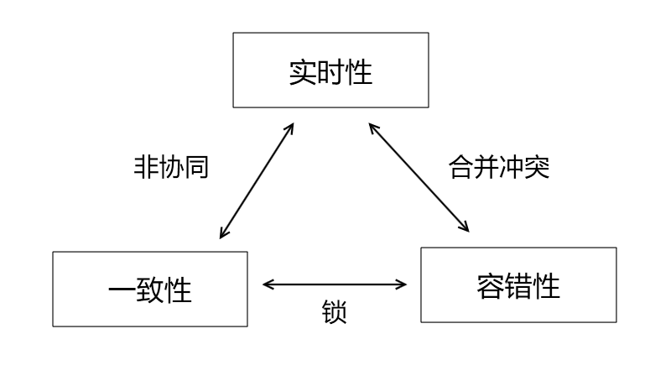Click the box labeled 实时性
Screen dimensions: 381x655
pos(330,70)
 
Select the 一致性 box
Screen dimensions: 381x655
pos(150,290)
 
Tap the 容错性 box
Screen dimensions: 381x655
pos(518,285)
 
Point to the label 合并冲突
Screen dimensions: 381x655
pos(499,168)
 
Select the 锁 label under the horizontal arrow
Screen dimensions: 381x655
pos(334,312)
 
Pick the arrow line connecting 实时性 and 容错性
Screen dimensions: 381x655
pos(418,178)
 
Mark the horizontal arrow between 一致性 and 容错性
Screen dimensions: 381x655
pos(335,284)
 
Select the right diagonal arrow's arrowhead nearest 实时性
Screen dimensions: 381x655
pos(372,128)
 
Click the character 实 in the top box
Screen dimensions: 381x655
pos(303,71)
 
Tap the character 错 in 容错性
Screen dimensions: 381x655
pos(518,286)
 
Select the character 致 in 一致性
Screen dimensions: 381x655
pos(150,290)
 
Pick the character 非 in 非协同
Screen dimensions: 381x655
pos(146,168)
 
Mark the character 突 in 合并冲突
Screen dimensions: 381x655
pos(538,168)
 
